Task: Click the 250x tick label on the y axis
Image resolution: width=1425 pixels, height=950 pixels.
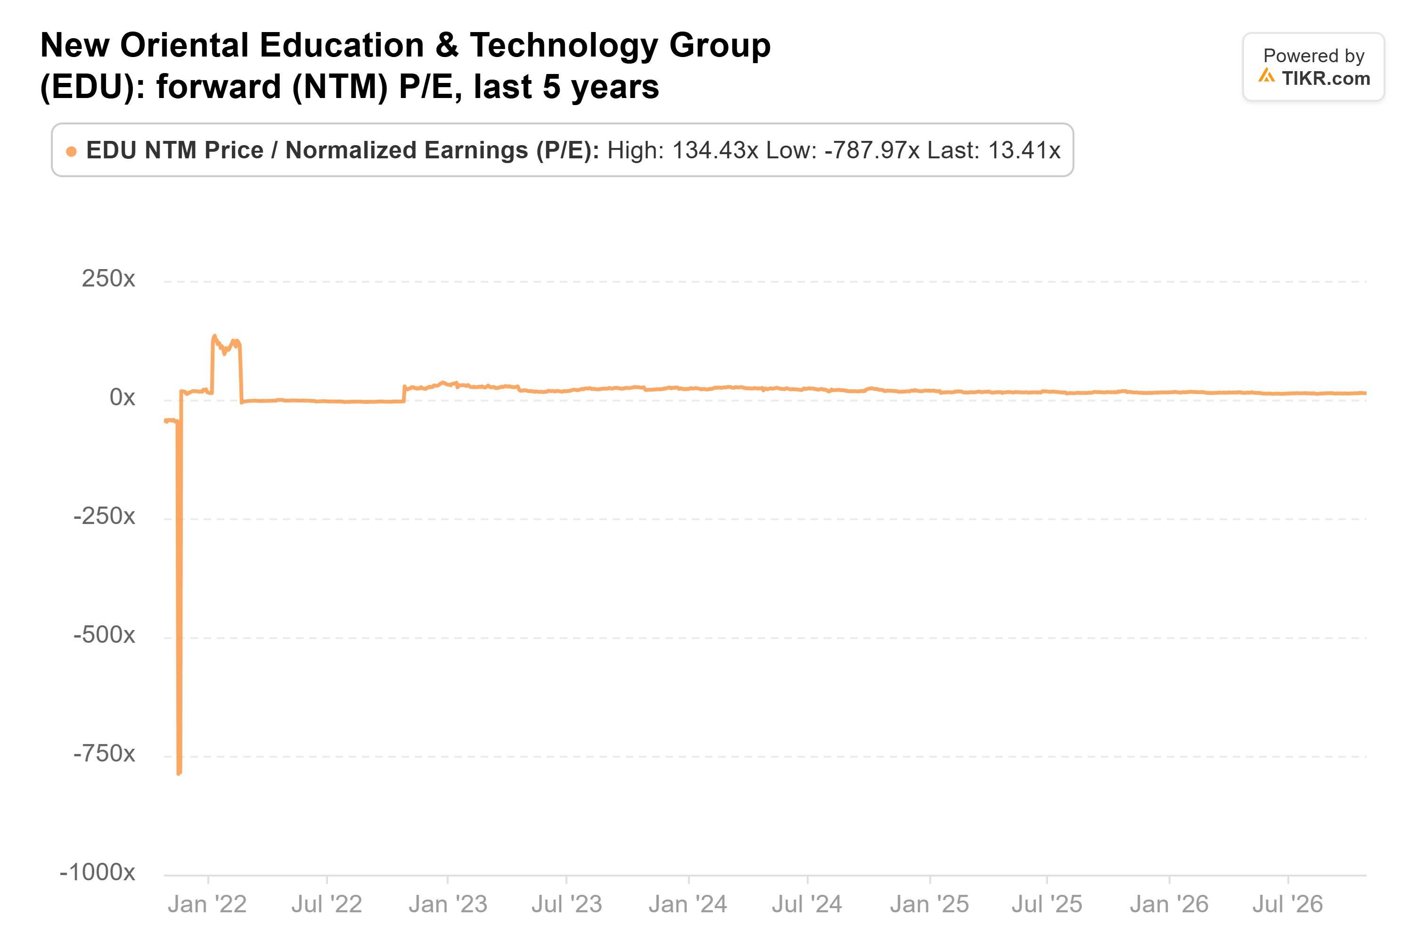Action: [108, 278]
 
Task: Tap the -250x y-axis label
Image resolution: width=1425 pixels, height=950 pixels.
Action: [104, 516]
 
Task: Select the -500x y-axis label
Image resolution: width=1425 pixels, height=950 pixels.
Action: [104, 635]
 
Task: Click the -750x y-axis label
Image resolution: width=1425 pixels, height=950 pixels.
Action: [104, 753]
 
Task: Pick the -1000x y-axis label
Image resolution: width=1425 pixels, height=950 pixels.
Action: [98, 872]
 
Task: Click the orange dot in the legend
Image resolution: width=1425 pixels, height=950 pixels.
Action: [72, 151]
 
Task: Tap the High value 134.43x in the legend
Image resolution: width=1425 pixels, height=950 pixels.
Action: [715, 150]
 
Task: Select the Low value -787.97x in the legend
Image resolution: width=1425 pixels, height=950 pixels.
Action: [872, 150]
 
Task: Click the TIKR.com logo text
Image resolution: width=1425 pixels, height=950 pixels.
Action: [1326, 78]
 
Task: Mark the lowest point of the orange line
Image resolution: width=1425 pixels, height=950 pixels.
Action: [179, 774]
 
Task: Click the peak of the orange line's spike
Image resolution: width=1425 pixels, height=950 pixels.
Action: [214, 336]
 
